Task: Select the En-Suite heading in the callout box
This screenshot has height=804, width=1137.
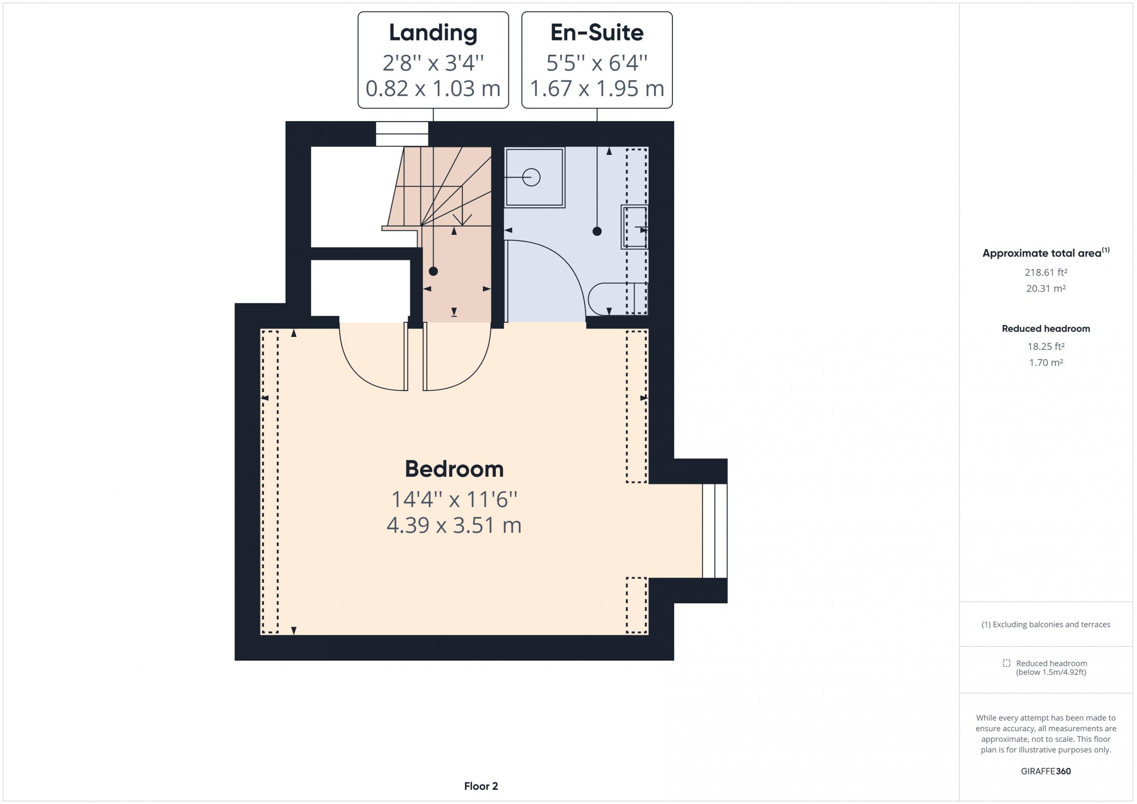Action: click(x=597, y=33)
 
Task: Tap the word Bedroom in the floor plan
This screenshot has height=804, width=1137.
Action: click(x=454, y=469)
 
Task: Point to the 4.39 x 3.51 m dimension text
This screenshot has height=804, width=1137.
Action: click(x=454, y=525)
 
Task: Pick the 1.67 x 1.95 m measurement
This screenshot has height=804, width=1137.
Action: click(x=597, y=89)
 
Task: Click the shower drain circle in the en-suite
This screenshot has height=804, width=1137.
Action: click(x=531, y=177)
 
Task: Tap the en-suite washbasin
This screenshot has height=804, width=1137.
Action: click(x=634, y=227)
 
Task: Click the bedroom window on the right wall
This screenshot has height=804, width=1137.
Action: click(x=715, y=531)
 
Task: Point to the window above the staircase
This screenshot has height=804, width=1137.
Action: click(x=402, y=134)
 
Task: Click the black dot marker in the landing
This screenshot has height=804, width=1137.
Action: click(x=433, y=271)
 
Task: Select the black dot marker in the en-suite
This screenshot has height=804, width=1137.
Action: click(x=597, y=231)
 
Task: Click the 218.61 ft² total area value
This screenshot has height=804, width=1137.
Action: click(x=1046, y=272)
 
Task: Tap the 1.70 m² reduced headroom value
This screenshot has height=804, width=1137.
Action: click(x=1046, y=362)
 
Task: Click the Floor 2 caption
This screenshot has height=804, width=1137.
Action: click(x=481, y=786)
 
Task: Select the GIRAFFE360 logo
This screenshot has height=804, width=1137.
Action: click(x=1046, y=771)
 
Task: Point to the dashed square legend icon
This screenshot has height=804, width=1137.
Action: click(x=1006, y=663)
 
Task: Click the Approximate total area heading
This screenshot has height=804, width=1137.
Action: click(x=1046, y=253)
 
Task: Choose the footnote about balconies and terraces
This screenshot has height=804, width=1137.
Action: click(x=1046, y=624)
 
